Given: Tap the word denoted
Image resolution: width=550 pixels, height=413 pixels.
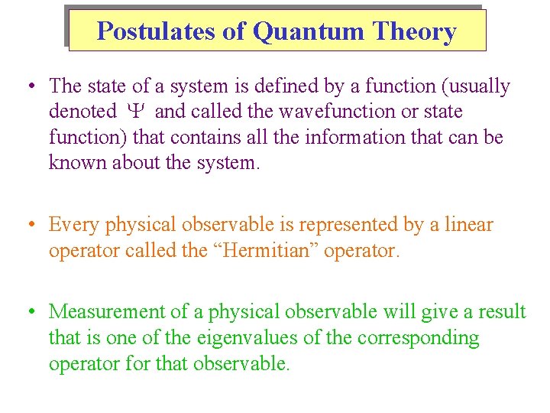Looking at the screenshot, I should click(x=82, y=112).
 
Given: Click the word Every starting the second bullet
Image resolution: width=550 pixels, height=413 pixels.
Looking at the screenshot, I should click(x=74, y=225).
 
